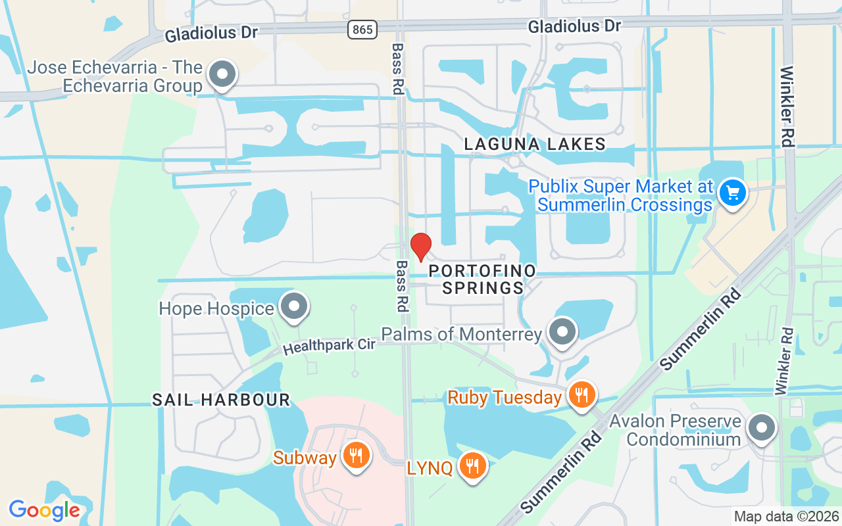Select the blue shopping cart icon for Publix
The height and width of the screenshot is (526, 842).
[731, 193]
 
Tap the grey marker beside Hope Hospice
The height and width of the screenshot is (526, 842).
[294, 306]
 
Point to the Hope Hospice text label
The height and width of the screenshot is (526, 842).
[216, 308]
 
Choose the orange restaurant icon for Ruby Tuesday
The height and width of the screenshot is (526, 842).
[581, 394]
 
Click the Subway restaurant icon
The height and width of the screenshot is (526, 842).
[356, 455]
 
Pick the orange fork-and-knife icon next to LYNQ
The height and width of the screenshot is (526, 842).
[472, 466]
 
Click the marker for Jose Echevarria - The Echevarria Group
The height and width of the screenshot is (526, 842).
[222, 74]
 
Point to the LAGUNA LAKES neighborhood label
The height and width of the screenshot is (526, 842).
[534, 144]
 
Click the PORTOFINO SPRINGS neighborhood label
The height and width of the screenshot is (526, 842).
[483, 279]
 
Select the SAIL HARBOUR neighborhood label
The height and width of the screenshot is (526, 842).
[221, 400]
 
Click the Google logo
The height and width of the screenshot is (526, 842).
[44, 510]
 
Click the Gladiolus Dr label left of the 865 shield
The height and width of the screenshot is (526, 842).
[211, 32]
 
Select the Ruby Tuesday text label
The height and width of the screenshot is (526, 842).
[505, 397]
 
